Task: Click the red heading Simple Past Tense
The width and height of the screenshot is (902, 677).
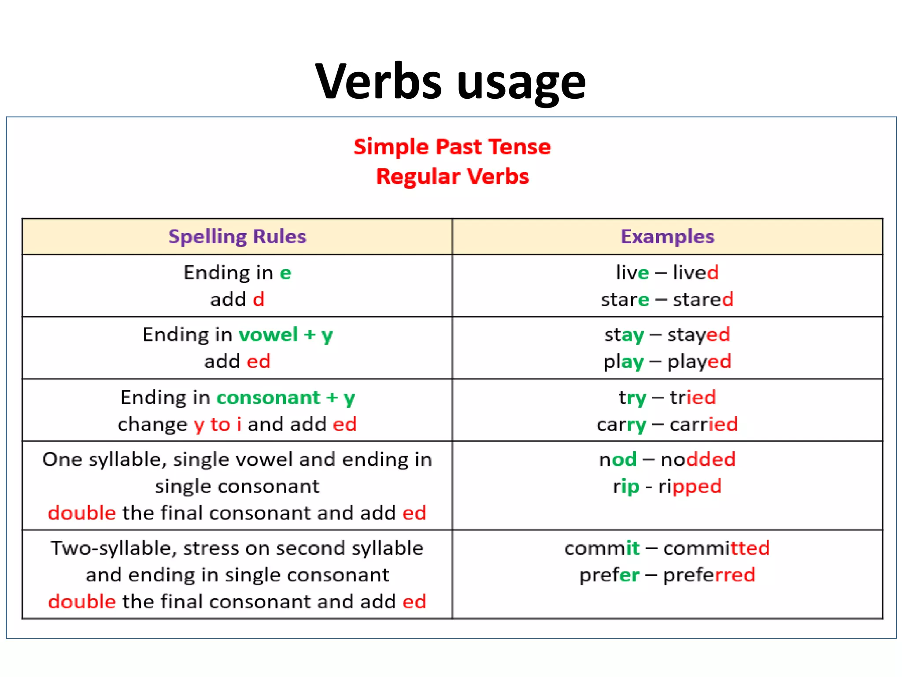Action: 452,147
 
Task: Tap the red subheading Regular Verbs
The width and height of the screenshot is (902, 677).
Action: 452,176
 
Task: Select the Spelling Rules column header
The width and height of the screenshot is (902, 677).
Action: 237,237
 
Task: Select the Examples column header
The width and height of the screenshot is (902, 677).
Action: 667,237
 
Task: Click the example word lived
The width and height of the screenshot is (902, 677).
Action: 696,272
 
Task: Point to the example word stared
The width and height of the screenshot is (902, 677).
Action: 703,299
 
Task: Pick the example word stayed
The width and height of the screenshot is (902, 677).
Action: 699,335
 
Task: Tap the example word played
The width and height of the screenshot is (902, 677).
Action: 699,362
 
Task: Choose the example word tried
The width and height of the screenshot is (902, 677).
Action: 693,397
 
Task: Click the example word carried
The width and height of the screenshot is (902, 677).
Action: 703,424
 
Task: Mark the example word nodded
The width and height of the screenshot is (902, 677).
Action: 698,460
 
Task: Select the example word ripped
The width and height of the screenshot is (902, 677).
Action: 690,487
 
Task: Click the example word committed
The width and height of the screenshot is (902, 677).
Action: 716,548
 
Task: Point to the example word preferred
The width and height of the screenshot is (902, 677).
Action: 709,575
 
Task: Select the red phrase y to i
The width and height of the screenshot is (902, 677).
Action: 218,424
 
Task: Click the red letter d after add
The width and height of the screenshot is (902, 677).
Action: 259,300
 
